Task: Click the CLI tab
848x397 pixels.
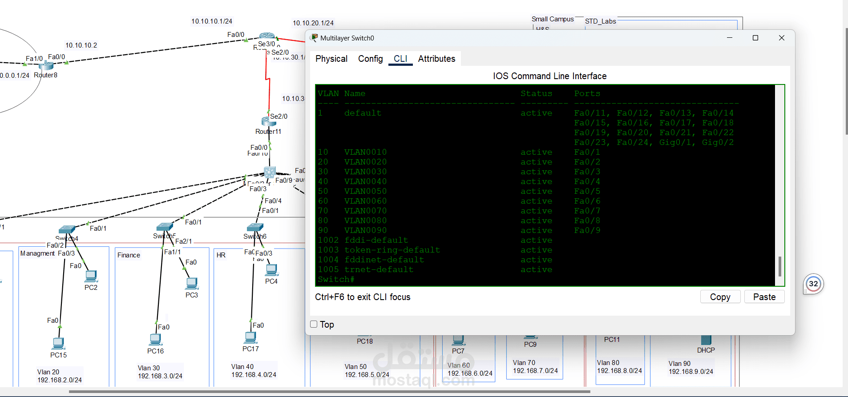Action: [x=400, y=59]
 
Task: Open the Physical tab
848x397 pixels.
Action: [x=331, y=59]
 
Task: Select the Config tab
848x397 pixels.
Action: [x=370, y=59]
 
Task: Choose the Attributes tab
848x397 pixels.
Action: [x=436, y=59]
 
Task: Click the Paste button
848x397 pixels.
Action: [x=764, y=297]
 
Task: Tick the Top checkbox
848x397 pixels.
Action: [x=314, y=324]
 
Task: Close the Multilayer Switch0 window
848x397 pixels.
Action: [x=781, y=38]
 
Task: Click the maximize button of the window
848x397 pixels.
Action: [x=755, y=38]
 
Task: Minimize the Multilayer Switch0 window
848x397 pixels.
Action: [x=730, y=38]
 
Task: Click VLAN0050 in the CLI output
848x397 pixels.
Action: [x=365, y=191]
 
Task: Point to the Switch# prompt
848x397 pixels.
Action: [x=336, y=279]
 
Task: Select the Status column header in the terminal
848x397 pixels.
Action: [x=536, y=93]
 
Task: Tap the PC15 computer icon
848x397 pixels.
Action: [x=58, y=343]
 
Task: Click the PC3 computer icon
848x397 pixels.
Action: [x=192, y=283]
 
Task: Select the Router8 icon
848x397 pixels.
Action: [x=46, y=66]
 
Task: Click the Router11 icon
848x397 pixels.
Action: [x=268, y=121]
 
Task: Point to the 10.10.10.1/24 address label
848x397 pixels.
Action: [x=212, y=21]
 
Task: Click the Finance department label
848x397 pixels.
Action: [x=129, y=255]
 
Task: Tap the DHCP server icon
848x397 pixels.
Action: [x=706, y=340]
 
